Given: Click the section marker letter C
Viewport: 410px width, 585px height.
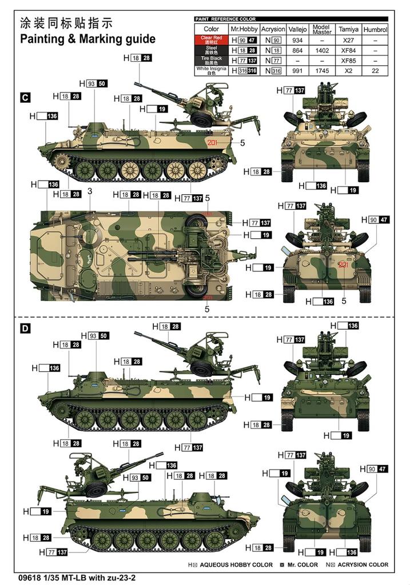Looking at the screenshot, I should (x=25, y=98).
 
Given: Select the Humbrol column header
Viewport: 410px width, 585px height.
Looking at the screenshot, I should (x=375, y=29).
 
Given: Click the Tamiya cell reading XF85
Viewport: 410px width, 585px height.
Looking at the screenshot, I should (x=348, y=60).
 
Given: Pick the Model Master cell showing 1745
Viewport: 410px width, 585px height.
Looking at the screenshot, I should (x=322, y=70).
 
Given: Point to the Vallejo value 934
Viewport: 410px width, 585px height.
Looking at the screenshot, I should (x=297, y=40).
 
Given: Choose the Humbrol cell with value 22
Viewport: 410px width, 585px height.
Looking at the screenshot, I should (x=375, y=70).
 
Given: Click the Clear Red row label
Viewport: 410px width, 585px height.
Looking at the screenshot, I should (x=211, y=40).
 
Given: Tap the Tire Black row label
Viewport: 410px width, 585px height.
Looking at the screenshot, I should (x=211, y=60).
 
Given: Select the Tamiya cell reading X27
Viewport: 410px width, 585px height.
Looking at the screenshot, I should (x=348, y=40).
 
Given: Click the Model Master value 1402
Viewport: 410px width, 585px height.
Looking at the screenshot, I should (x=322, y=50).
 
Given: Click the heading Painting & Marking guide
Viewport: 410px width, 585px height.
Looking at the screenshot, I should (x=87, y=39).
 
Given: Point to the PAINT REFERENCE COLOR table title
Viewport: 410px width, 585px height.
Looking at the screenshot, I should (x=225, y=19).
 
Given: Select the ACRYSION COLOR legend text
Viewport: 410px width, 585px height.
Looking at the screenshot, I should (x=362, y=565).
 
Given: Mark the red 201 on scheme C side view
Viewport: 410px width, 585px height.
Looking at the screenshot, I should (x=213, y=143).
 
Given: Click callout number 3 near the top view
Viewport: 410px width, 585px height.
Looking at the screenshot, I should (x=90, y=191).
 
